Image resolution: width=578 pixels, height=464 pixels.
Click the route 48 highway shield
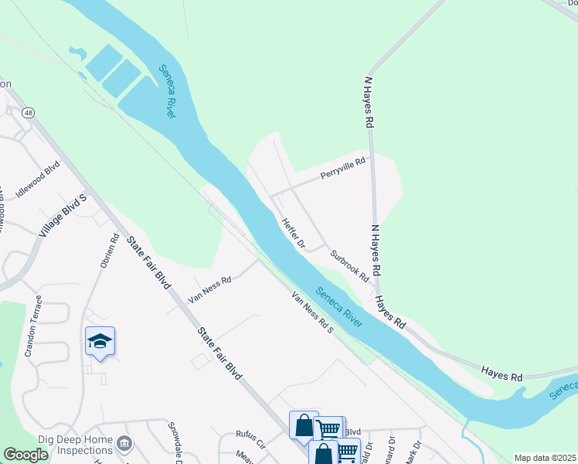coord(29,113)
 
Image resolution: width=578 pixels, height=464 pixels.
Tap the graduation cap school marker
coord(100,342)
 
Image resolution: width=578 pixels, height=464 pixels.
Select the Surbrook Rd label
coord(349,264)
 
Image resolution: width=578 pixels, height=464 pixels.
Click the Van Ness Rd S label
coord(312,312)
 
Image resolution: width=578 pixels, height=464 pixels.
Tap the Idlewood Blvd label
coord(38,180)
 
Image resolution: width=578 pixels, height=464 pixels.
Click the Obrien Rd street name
coord(109,251)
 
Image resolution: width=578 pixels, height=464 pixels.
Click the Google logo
coord(25,455)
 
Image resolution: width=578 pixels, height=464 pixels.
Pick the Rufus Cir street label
coord(250,445)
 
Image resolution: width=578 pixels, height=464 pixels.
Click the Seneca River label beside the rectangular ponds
coord(167,90)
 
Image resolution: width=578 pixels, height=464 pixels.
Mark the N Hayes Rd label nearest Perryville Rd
coord(369,101)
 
